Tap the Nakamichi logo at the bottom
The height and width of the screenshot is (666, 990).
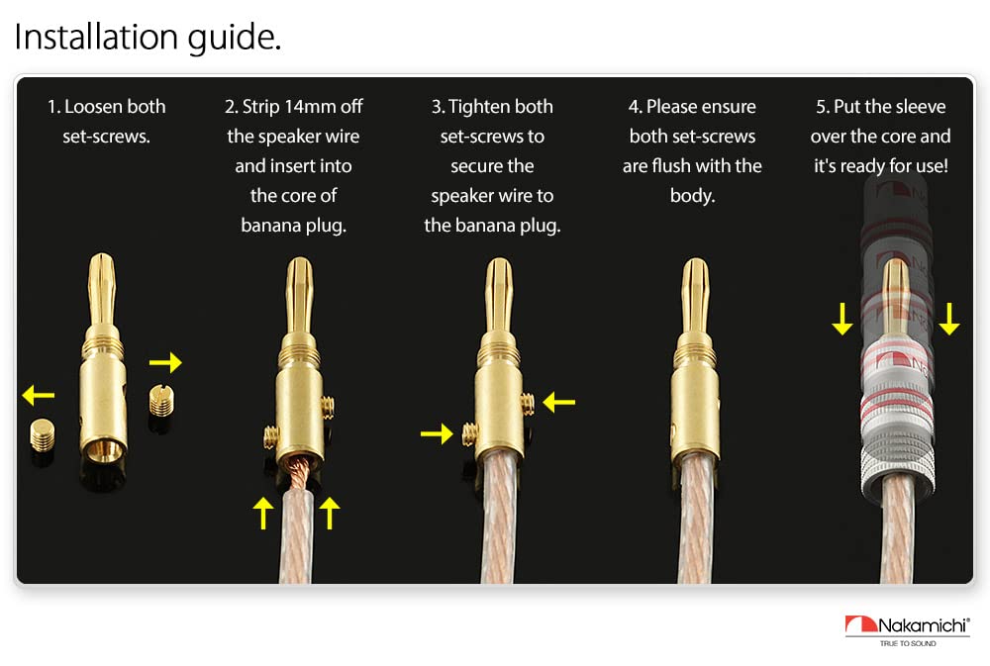(907, 630)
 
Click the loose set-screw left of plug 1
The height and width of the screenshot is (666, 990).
(43, 435)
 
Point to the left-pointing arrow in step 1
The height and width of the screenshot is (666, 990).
(38, 396)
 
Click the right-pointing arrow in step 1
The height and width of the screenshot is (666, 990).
(165, 362)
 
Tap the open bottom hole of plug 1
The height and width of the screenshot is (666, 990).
(103, 450)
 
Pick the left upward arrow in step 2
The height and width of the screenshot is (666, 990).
(263, 513)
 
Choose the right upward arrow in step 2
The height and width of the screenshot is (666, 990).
(330, 513)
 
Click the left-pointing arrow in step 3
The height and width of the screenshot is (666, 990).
(558, 402)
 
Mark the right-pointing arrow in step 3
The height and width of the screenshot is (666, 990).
(437, 433)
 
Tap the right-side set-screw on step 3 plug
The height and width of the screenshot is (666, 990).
(528, 403)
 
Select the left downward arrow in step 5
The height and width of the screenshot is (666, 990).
(842, 319)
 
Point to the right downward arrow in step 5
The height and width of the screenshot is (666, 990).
(949, 319)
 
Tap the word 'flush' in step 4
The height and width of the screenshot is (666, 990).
(675, 166)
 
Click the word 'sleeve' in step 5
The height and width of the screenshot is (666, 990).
(920, 107)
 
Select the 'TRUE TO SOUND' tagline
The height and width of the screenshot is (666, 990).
(908, 643)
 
